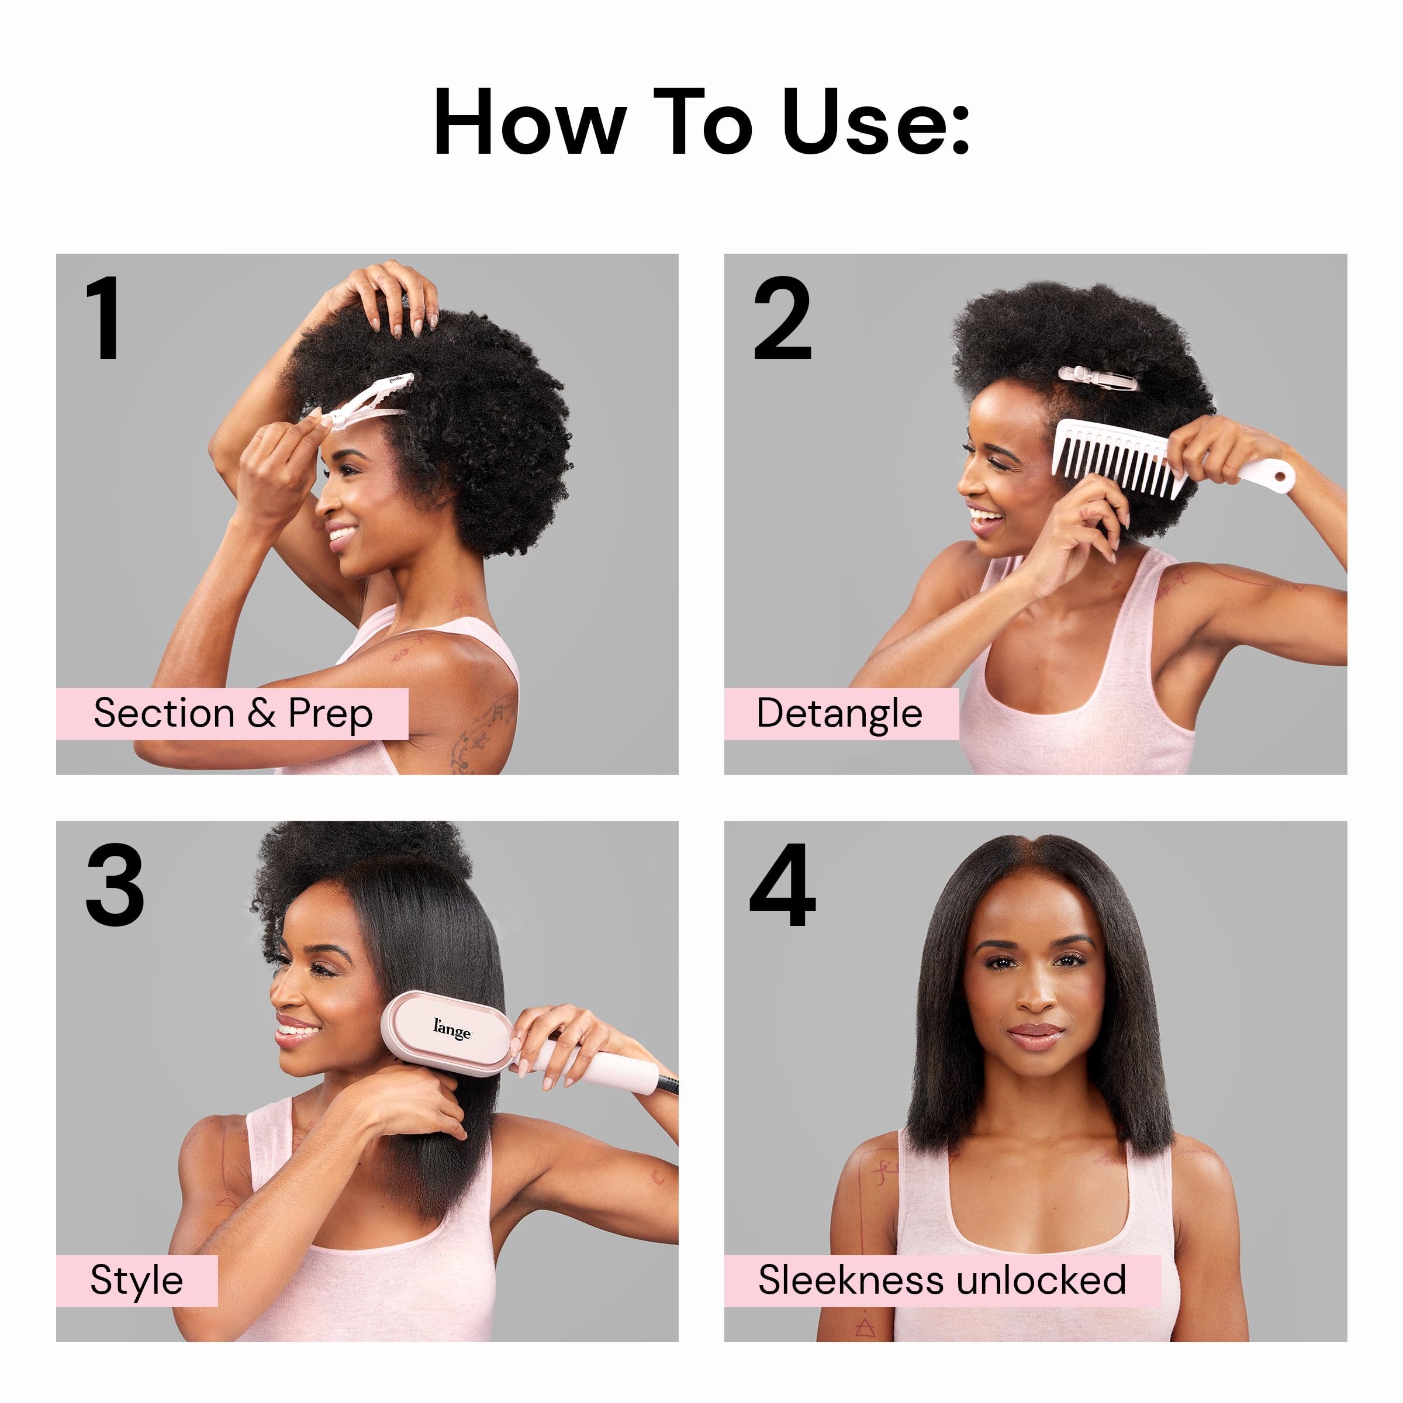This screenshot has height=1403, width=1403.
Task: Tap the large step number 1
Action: coord(104,317)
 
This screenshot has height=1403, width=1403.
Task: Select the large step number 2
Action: coord(782,317)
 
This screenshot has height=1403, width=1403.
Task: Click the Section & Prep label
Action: coord(233,713)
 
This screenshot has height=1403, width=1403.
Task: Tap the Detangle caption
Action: coord(839,713)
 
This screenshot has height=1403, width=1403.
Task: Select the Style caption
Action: coord(137,1280)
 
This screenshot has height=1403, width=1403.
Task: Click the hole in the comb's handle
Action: coord(1282,478)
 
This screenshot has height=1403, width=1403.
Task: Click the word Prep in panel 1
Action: coord(330,714)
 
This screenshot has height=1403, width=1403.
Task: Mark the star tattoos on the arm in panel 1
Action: coord(476,734)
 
